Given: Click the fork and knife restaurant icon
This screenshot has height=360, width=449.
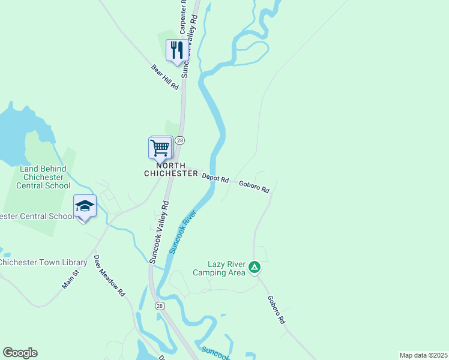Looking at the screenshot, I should tap(176, 50).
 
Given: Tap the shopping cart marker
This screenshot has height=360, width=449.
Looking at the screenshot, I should tap(160, 147).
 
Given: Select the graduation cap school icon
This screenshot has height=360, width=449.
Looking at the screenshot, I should tap(85, 206).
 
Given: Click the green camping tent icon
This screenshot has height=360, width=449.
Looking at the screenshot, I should tap(255, 267).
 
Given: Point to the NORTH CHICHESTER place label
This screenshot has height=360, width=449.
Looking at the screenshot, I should tap(171, 169).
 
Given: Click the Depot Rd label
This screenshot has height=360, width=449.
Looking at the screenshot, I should tap(215, 178).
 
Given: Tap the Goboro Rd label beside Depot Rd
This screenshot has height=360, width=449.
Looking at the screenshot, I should tap(254, 187).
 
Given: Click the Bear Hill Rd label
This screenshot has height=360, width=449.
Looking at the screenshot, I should tap(165, 77).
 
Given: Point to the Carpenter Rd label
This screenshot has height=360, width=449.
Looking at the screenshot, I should tap(184, 17).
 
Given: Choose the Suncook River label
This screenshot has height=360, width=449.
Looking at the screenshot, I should tap(183, 231).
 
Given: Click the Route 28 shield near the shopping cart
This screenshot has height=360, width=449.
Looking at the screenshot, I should tap(179, 140).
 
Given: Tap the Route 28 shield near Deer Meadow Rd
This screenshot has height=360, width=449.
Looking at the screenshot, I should tap(160, 305).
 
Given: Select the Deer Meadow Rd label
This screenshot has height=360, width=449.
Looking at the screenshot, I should tap(109, 276).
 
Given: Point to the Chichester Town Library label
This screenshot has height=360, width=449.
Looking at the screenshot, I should tap(44, 262).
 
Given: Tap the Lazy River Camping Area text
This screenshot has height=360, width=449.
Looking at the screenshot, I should tap(219, 268).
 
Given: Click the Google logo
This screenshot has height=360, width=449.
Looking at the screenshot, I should tap(20, 353).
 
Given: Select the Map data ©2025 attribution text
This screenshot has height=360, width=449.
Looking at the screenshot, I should tap(423, 355).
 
